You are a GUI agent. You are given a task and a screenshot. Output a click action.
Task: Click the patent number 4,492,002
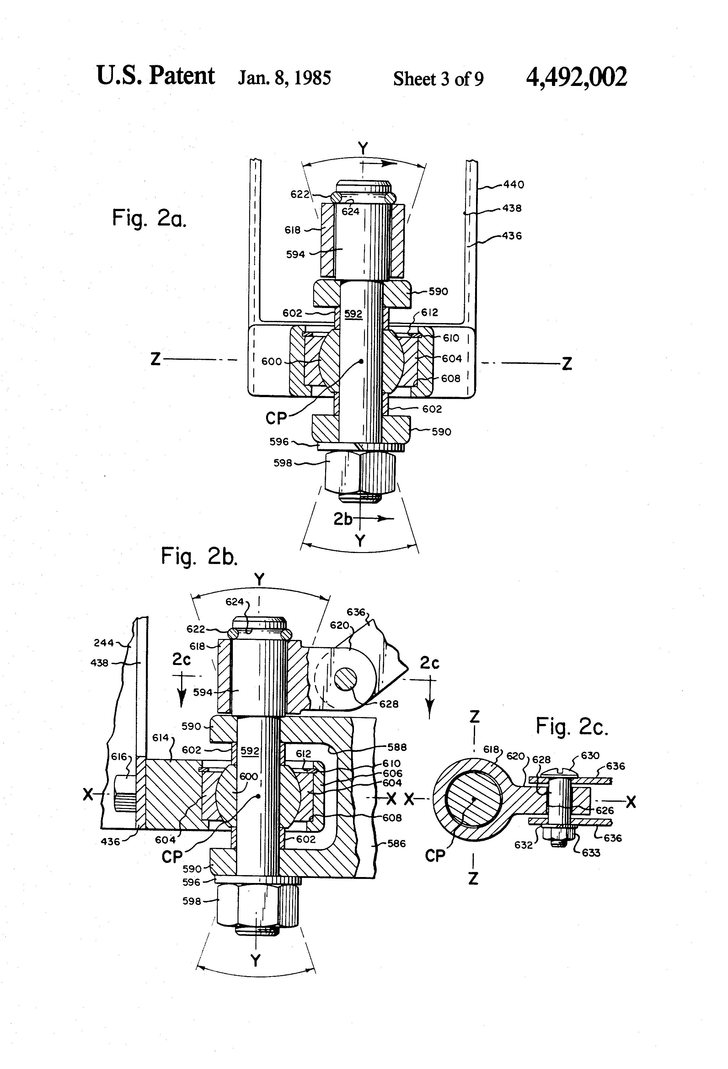[576, 77]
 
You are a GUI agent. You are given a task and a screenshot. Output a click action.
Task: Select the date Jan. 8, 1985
[284, 78]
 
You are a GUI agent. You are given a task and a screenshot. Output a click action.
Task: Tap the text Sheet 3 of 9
[438, 79]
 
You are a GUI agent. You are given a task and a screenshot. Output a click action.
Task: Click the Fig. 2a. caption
[149, 218]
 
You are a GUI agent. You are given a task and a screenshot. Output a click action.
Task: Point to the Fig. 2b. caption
[199, 556]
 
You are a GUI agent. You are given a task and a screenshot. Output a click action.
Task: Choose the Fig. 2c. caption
[572, 726]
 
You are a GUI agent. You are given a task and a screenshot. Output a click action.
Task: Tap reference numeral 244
[104, 643]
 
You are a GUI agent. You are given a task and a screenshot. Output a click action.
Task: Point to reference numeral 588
[397, 747]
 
